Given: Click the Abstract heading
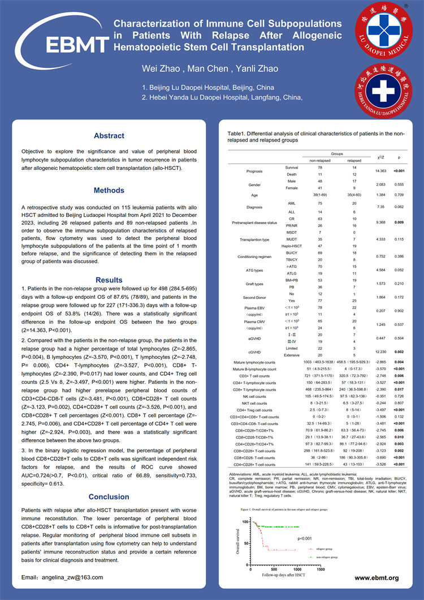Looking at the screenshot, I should click(x=109, y=136).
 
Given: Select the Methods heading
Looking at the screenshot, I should click(x=109, y=191).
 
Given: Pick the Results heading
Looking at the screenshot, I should click(x=109, y=280).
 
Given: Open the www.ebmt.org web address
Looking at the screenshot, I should click(x=377, y=578).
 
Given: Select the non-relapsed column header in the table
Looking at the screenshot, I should click(x=320, y=160).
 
